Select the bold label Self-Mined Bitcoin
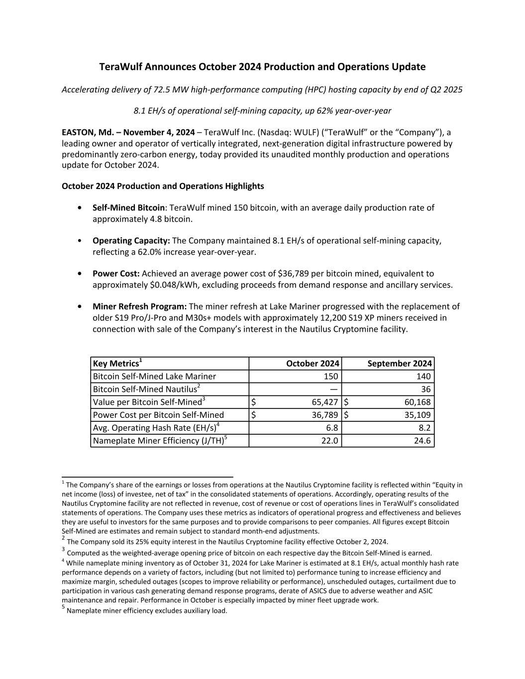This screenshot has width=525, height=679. coord(128,207)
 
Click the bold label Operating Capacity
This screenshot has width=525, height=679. coord(131,241)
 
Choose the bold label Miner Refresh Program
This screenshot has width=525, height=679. coord(139,306)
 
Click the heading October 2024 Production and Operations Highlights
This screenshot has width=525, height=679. coord(163,186)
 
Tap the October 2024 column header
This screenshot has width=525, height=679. coord(313,364)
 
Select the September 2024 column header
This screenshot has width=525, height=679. coord(399,364)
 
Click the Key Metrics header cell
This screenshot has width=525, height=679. coord(116,364)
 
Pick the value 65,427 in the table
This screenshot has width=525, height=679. coord(325,402)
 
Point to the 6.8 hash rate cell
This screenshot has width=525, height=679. coord(332,428)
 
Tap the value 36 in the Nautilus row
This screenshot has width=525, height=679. coord(425,389)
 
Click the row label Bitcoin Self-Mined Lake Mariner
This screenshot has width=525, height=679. coord(154,377)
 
